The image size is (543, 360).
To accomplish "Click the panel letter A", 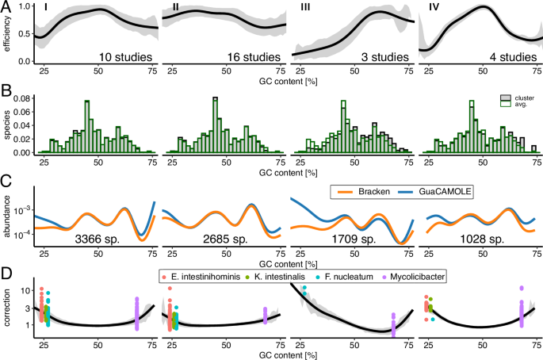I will point(6,6).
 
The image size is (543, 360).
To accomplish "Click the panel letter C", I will point(6,180).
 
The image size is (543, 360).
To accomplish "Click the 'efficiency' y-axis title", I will point(6,36).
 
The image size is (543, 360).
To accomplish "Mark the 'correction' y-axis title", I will point(6,308).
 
